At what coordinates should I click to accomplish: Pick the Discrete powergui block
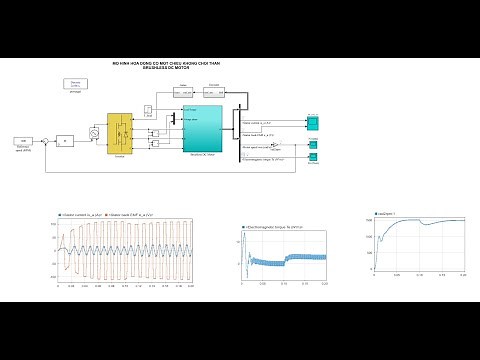click(x=75, y=85)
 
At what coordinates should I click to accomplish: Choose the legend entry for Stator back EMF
click(x=129, y=214)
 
